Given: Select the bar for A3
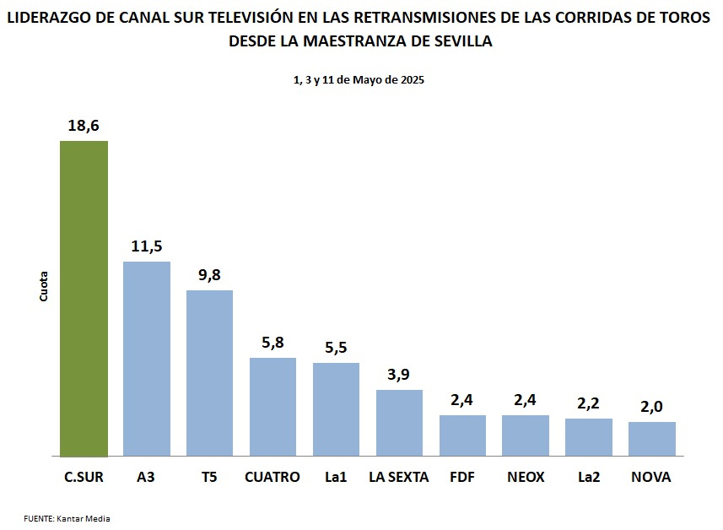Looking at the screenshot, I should pos(147,359).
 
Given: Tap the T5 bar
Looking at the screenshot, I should pos(209,373).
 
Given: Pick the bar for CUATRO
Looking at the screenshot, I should pos(272,407).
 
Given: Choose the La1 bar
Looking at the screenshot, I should pos(336,409).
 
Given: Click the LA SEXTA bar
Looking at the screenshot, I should pos(399,423).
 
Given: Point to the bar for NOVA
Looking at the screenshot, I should pos(651,439).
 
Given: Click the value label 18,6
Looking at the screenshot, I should pos(84,126).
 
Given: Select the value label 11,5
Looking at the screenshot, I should pos(147,246).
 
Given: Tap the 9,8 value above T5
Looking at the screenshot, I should pos(209,275).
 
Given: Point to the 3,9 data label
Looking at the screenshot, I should pos(399,375).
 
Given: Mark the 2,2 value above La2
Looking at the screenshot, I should pos(588,403).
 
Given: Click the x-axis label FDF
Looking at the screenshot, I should pos(462,477).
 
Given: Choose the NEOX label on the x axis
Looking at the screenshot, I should pos(526,477).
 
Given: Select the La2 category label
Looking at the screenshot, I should pos(588,477).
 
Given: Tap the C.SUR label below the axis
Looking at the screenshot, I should pos(84,477).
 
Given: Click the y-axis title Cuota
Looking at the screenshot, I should pos(44,286).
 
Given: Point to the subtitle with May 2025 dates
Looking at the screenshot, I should pos(359,80).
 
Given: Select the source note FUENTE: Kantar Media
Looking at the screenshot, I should pos(67,518).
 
